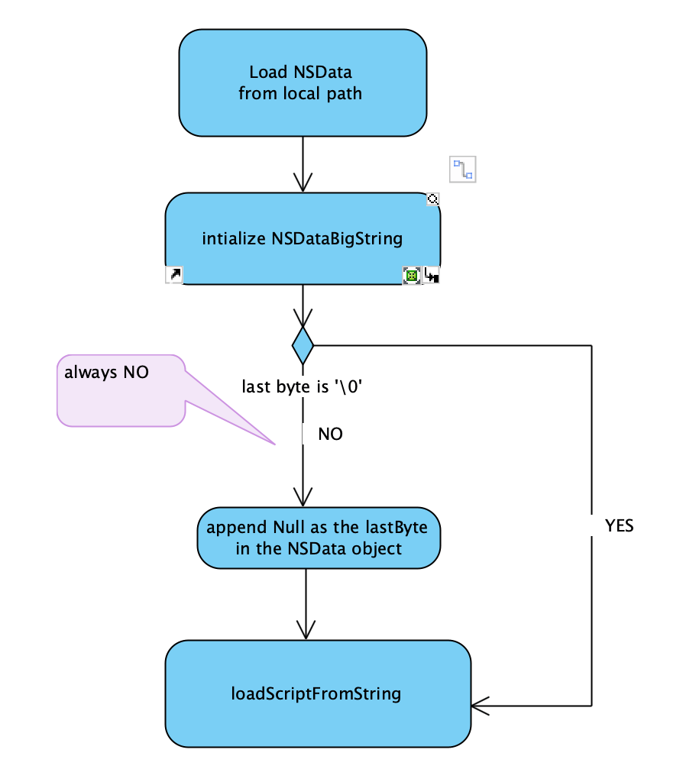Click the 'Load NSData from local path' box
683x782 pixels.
303,82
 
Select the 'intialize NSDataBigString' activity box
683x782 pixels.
303,238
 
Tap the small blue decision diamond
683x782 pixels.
303,346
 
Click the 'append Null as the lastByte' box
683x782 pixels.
319,538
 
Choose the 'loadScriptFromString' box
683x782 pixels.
317,694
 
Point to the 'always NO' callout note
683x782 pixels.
121,389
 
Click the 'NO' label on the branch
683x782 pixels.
330,435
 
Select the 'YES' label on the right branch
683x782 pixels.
619,526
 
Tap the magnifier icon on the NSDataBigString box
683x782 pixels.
432,199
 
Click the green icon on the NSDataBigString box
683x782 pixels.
412,276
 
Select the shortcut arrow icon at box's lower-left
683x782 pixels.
174,275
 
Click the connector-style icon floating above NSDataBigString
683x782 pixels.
462,169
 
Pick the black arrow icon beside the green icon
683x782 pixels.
432,276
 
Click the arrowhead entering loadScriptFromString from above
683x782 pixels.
306,631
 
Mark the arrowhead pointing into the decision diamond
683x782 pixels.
303,318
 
